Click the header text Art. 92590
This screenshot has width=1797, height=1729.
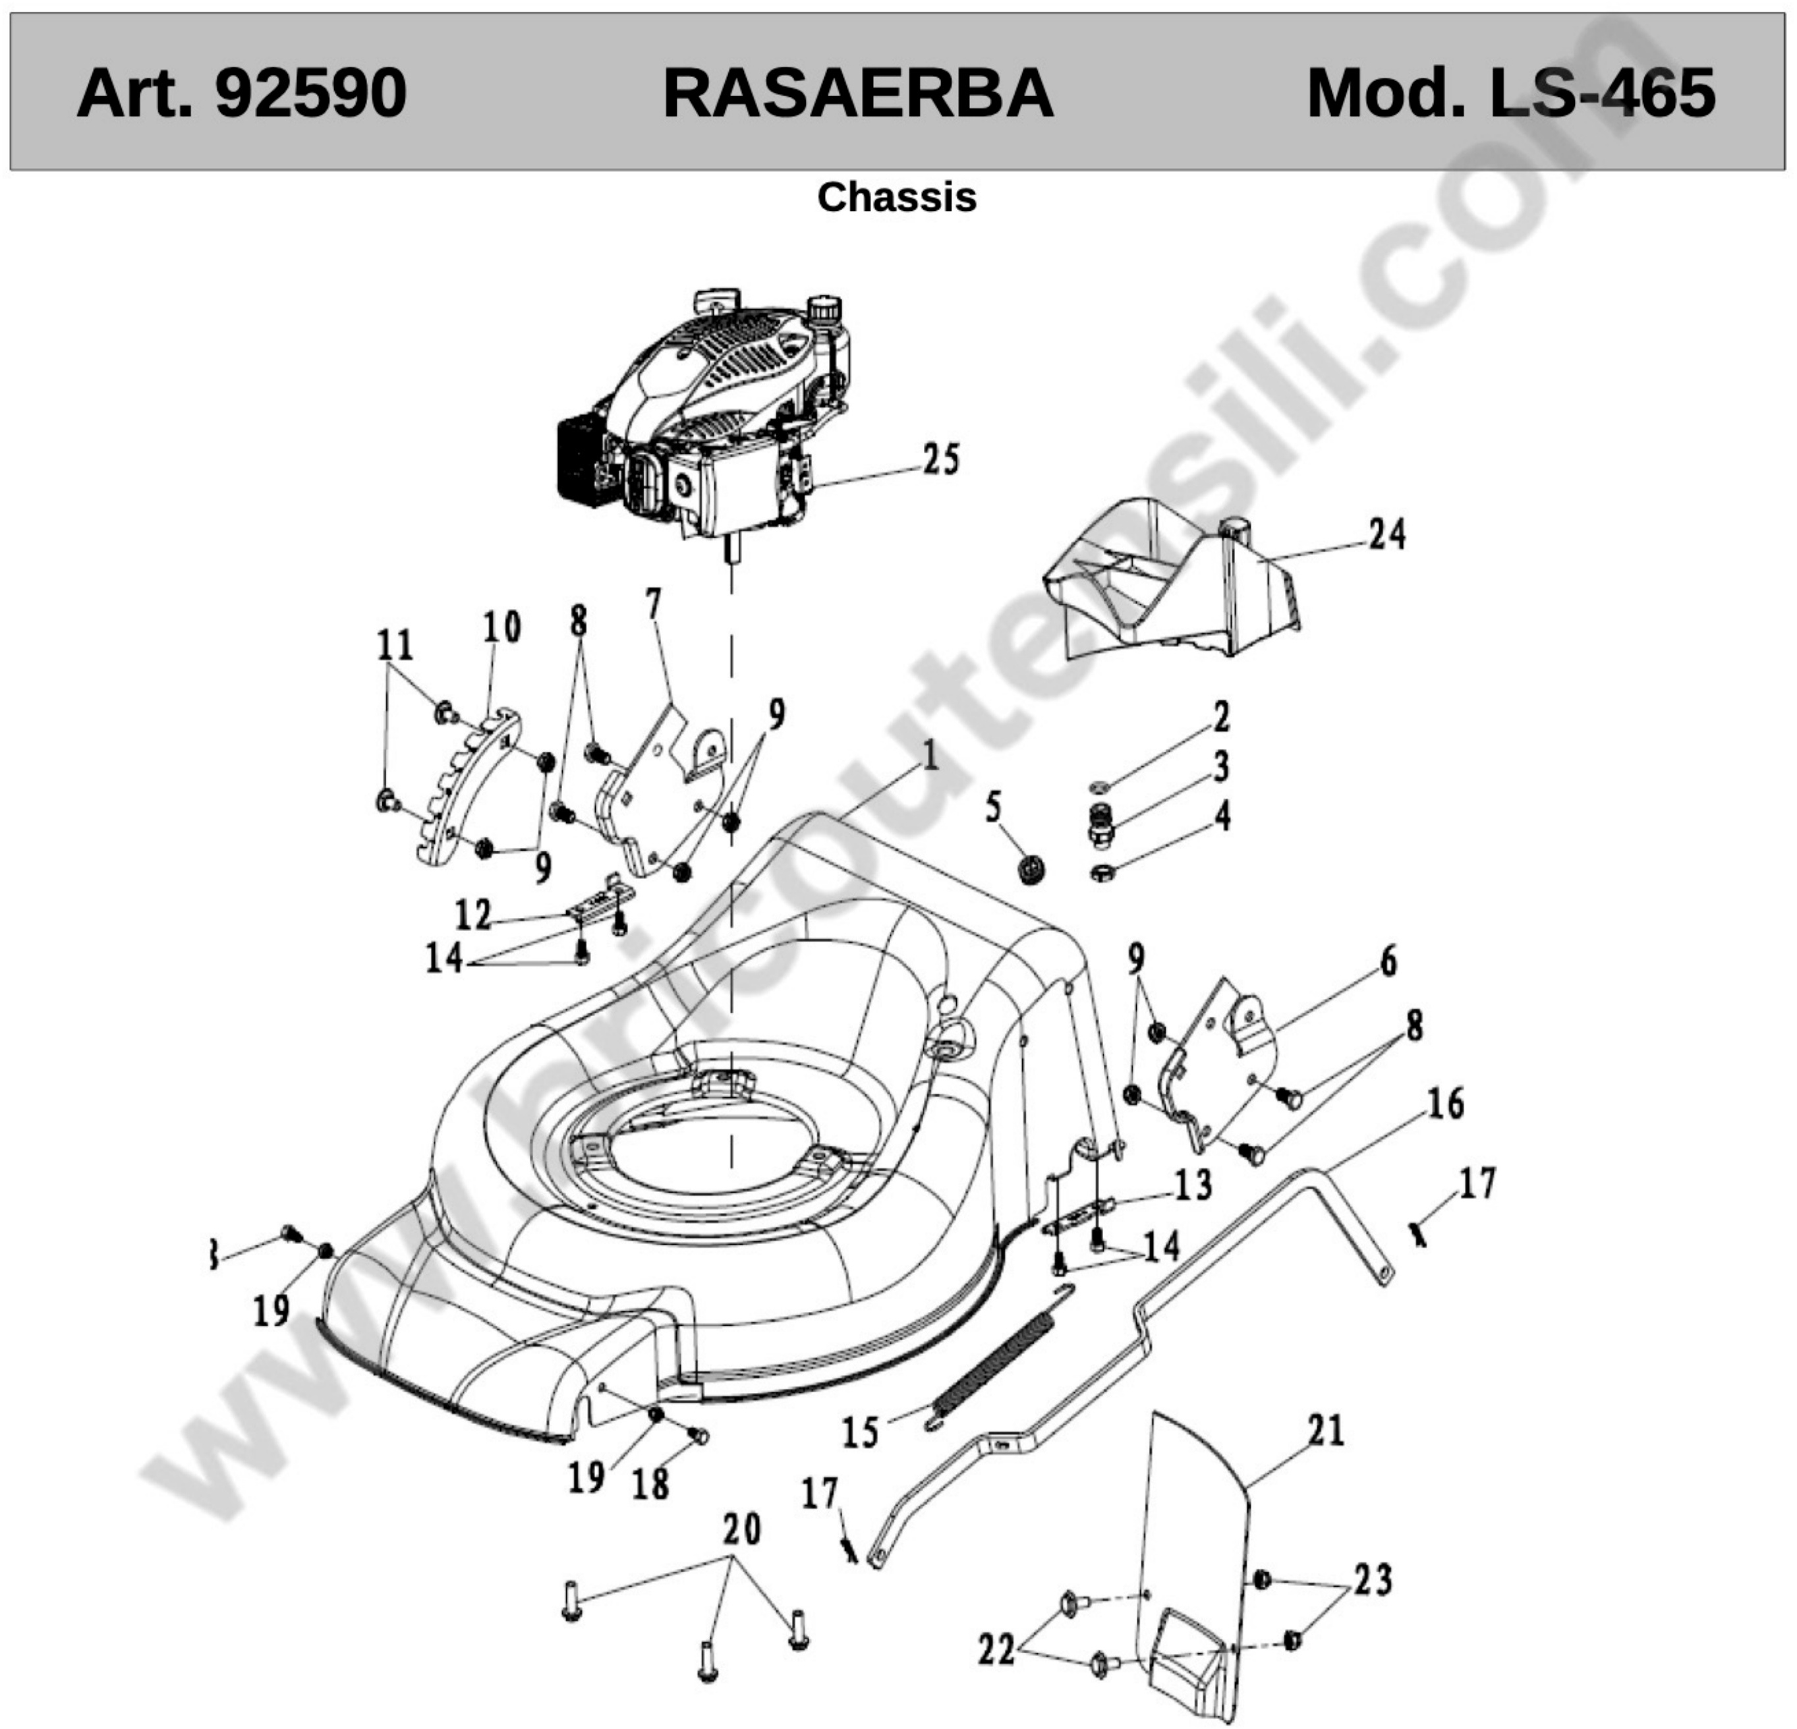tap(241, 94)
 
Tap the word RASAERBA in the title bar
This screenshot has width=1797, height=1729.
tap(858, 94)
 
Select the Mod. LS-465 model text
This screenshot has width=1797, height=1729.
tap(1510, 94)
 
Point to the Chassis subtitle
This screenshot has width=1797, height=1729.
tap(897, 197)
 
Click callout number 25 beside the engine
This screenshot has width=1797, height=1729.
tap(941, 459)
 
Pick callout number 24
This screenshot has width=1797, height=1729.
tap(1387, 534)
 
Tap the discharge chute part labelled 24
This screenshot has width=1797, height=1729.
tap(1173, 579)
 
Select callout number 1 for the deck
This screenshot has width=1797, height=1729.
tap(930, 757)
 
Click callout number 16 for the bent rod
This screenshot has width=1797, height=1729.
tap(1446, 1104)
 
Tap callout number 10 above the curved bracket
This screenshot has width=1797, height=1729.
tap(502, 628)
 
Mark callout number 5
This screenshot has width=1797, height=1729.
tap(994, 808)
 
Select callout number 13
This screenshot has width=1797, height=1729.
tap(1193, 1185)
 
